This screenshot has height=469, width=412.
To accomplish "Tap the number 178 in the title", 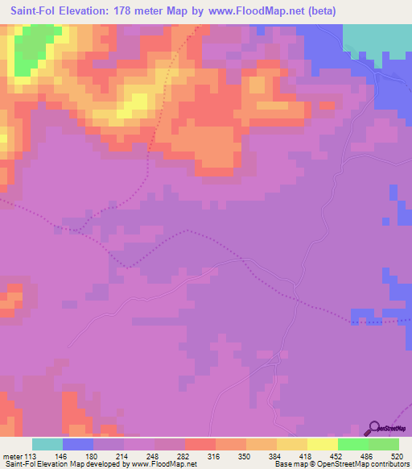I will click(136, 11).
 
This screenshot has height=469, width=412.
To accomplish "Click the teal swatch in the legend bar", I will click(47, 444).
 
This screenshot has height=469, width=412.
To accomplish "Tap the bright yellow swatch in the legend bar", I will click(322, 444).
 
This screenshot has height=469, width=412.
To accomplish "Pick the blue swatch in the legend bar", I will click(78, 444).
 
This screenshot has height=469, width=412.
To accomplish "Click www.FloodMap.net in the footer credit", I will click(162, 463).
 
